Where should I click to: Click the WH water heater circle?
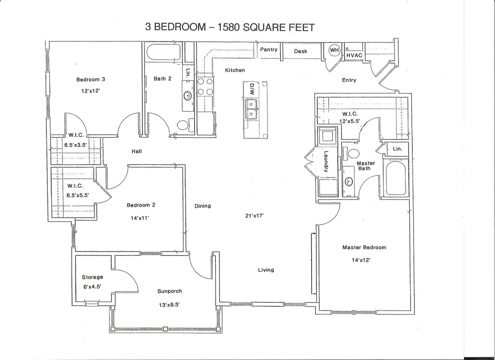click(334, 50)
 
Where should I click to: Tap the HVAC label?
click(354, 55)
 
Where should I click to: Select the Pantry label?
click(269, 49)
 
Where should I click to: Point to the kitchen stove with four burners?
click(205, 87)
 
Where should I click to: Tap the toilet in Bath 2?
click(183, 125)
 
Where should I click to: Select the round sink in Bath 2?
click(188, 96)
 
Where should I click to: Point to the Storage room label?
click(93, 277)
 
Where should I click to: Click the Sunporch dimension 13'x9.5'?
click(169, 305)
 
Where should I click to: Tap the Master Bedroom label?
click(364, 247)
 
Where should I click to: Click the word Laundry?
click(326, 162)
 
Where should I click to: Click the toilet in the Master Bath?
click(354, 153)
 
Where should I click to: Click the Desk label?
click(301, 51)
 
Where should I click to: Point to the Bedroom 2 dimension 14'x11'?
click(141, 218)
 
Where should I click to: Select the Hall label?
click(136, 151)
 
